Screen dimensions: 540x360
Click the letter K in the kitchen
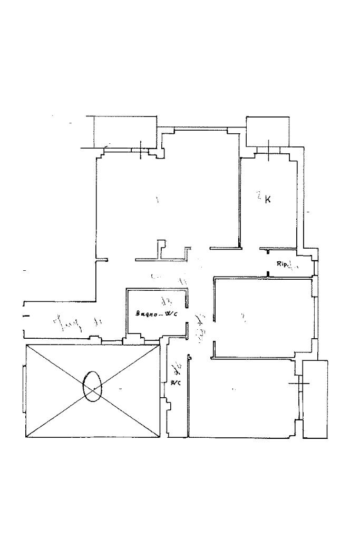(x=268, y=200)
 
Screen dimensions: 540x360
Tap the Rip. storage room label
(x=281, y=264)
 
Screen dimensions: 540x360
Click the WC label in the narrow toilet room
(x=176, y=382)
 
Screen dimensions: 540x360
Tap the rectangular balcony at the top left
(x=125, y=131)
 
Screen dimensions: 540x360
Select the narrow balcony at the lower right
(x=315, y=399)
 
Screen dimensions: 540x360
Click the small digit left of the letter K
(x=259, y=196)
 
